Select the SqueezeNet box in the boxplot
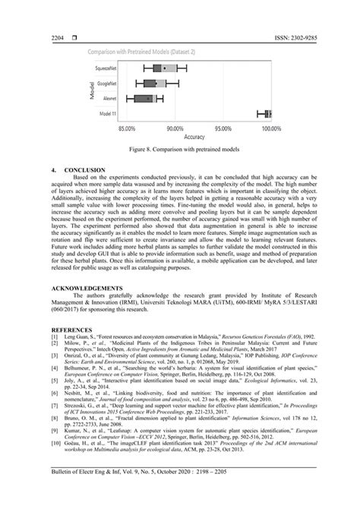(165, 68)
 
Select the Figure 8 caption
(179, 150)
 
